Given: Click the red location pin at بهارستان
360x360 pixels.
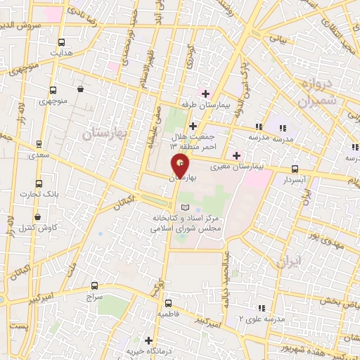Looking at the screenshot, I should click(181, 165).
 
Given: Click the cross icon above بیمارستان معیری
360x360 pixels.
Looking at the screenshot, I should click(236, 155).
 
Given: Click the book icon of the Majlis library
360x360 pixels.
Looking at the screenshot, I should click(186, 207).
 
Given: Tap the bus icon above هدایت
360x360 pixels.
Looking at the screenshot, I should click(61, 41).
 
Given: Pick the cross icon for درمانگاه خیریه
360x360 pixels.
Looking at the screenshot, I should click(148, 340).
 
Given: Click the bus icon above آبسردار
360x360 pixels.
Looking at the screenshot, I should click(294, 169).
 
